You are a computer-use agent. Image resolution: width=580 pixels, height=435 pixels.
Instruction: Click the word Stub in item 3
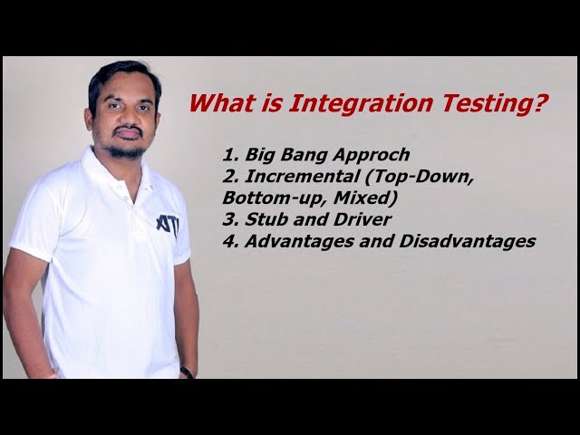264,218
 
